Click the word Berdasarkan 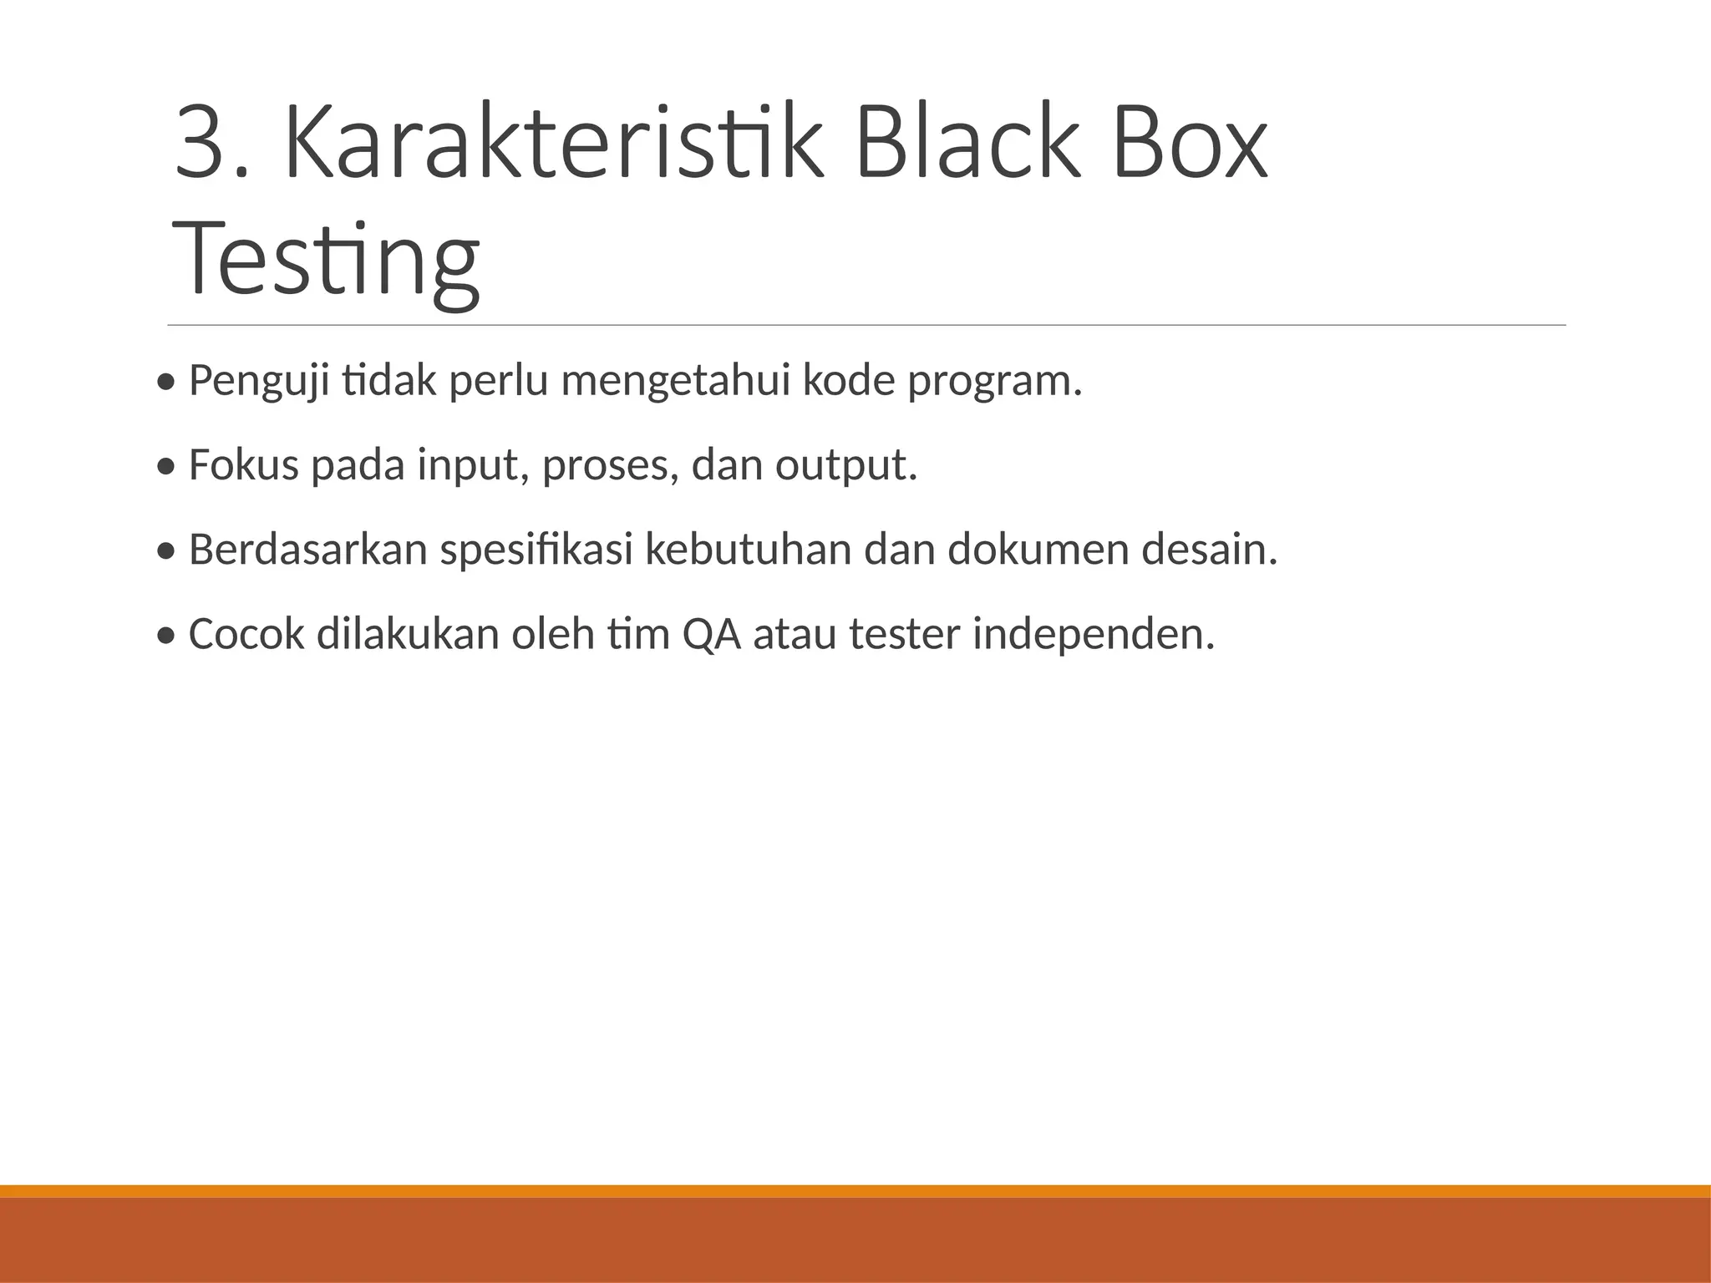308,550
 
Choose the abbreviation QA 712,634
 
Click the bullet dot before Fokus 166,468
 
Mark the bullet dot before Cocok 166,636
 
